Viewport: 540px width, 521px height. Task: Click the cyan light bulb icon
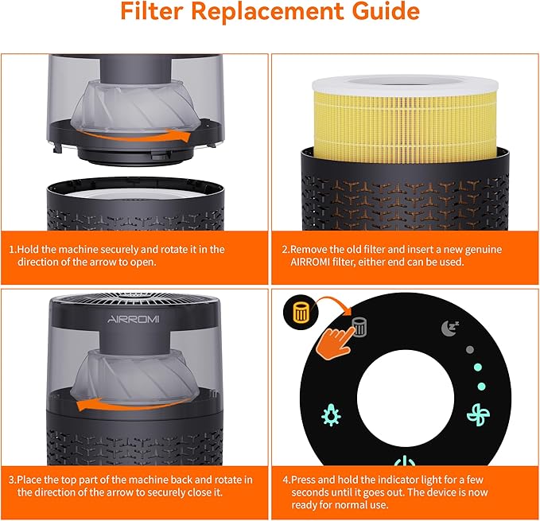[x=330, y=414]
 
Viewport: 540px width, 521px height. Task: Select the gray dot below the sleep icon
[x=469, y=349]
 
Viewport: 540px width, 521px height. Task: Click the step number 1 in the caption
[x=12, y=249]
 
